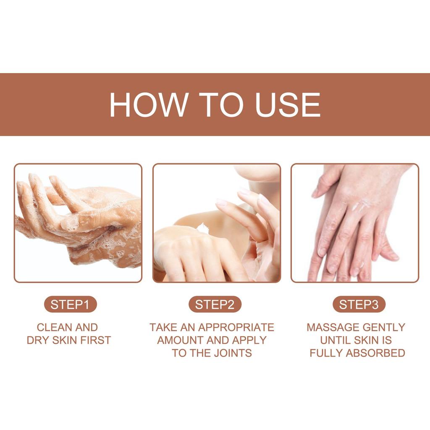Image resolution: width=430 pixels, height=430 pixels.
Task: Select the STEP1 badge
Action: [70, 304]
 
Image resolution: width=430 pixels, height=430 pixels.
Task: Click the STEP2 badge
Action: [215, 304]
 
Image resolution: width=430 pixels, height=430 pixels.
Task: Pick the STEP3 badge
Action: [359, 304]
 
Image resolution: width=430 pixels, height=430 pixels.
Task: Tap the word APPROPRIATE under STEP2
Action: [236, 328]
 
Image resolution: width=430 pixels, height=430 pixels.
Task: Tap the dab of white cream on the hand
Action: [202, 227]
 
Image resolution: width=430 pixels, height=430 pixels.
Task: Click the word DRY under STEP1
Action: [38, 340]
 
